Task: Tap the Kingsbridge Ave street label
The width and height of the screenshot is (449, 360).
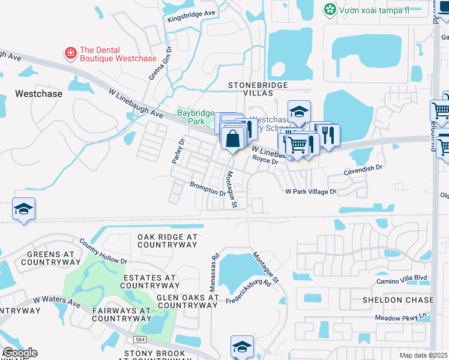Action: tap(191, 13)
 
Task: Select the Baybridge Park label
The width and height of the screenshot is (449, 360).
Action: tap(191, 116)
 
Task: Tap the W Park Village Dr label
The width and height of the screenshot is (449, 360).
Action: tap(310, 191)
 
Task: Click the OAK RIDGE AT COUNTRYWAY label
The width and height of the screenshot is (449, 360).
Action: tap(167, 241)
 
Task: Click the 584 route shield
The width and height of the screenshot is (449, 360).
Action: tap(140, 340)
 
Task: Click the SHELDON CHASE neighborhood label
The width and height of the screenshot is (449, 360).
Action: tap(397, 299)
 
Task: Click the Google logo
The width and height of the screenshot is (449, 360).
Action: tap(19, 353)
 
